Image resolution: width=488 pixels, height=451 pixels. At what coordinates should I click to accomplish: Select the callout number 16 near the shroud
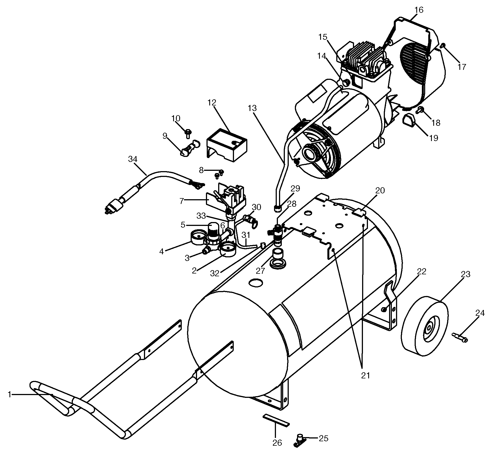pos(419,10)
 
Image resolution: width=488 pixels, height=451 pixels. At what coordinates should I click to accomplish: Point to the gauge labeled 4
pos(198,239)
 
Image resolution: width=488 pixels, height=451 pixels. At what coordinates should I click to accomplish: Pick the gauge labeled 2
pos(228,250)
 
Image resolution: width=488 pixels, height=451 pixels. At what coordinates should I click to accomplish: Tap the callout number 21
pos(366,376)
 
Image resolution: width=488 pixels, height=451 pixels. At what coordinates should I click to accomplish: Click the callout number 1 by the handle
pos(10,395)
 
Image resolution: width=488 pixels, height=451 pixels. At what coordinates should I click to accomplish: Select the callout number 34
pos(133,159)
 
